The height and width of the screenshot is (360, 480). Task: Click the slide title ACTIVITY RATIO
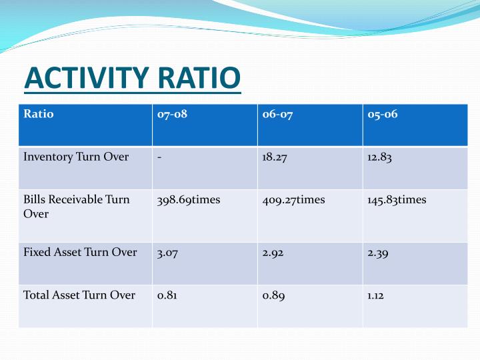point(132,78)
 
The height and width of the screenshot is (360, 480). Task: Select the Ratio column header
point(39,114)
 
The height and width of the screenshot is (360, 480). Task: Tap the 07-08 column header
point(172,114)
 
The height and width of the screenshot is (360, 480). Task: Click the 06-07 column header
point(277,114)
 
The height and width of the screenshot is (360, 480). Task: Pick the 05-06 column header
point(382,114)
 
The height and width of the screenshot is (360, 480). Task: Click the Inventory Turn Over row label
point(76,157)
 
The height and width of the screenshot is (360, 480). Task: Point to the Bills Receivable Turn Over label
point(76,207)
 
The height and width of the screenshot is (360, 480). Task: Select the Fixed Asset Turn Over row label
point(80,253)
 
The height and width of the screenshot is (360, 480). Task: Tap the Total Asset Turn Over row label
point(79,295)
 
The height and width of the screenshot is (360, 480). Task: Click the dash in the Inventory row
point(159,157)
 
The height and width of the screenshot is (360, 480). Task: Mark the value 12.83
point(379,157)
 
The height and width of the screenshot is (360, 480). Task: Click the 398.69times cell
point(189,200)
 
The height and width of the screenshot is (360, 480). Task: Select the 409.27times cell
point(294,200)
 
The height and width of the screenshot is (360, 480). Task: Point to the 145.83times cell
point(397,200)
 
